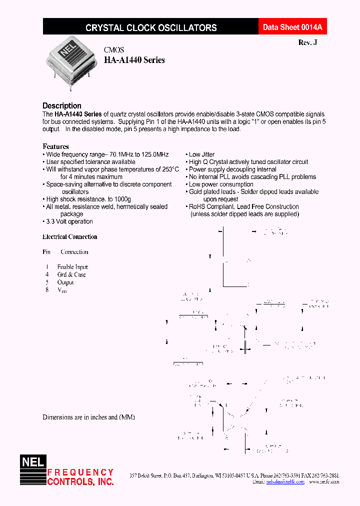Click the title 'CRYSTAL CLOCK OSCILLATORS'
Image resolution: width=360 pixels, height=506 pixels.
(x=151, y=28)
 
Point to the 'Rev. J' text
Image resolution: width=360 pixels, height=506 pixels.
(x=307, y=43)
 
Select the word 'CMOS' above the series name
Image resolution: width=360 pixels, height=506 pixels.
(x=114, y=50)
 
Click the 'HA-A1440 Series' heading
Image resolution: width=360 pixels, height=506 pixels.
(x=134, y=60)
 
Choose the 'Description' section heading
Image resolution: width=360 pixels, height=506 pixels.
(x=62, y=105)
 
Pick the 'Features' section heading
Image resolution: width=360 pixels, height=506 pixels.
(x=55, y=146)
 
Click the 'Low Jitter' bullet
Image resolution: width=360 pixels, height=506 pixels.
(x=201, y=154)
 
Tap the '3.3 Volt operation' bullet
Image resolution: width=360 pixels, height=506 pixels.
(x=69, y=221)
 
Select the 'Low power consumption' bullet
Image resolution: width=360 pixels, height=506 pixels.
(x=221, y=184)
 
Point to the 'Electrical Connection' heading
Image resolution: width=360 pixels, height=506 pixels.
(x=70, y=237)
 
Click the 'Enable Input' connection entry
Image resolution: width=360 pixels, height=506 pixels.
(x=72, y=267)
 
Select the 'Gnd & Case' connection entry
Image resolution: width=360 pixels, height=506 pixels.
(x=71, y=274)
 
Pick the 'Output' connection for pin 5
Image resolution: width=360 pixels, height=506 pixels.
(x=65, y=282)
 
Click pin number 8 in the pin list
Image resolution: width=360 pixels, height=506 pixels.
(x=47, y=289)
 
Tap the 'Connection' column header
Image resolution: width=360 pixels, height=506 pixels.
(x=74, y=252)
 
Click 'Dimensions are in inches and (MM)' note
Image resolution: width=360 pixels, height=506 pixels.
(x=88, y=417)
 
